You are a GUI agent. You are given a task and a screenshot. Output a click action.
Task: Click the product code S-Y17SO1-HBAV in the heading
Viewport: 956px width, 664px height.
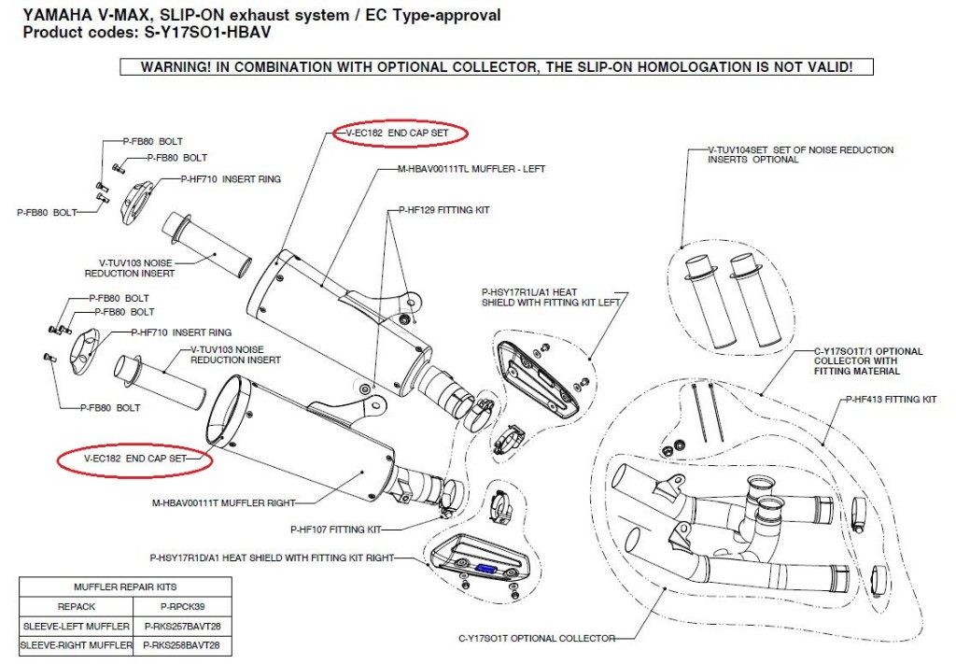[x=207, y=33]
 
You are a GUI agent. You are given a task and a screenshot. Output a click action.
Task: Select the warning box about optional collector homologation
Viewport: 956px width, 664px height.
[x=497, y=67]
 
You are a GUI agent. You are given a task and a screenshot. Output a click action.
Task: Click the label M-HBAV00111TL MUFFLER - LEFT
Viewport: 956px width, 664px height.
[x=471, y=169]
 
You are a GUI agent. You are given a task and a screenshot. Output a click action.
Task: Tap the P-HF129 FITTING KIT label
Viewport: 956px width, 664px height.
[x=444, y=210]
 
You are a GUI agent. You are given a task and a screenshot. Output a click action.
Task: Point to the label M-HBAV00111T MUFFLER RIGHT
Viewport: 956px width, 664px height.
[x=223, y=503]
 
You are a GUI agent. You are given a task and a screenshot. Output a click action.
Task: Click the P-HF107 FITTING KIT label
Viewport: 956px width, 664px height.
[x=336, y=530]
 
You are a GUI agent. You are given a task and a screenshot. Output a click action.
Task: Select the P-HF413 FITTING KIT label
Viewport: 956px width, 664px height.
[x=891, y=400]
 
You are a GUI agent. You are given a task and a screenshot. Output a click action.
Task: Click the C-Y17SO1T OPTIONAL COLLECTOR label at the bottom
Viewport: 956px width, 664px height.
[x=537, y=639]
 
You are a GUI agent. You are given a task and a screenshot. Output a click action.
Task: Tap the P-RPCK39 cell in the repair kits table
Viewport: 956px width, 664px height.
[x=182, y=607]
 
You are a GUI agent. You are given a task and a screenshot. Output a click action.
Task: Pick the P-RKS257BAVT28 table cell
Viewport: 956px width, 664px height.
[x=182, y=627]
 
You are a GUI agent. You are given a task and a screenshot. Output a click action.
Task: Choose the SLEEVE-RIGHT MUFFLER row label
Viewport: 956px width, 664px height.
[x=77, y=645]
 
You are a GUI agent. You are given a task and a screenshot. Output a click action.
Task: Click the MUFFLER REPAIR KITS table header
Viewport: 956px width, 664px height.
[x=125, y=587]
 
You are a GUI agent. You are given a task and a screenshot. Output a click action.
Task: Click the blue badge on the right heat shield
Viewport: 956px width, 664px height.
[x=487, y=568]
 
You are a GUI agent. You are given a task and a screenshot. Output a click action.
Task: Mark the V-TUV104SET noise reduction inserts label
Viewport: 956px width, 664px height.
[x=800, y=154]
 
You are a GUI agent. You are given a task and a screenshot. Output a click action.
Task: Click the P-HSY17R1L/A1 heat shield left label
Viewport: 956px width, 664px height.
[x=551, y=298]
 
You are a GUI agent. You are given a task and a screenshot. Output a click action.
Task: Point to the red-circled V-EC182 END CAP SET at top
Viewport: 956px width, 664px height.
[x=397, y=133]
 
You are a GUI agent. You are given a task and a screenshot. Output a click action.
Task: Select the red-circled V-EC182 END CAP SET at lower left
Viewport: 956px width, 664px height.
[x=134, y=459]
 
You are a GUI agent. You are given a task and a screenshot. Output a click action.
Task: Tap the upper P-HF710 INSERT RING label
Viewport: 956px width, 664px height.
[x=232, y=179]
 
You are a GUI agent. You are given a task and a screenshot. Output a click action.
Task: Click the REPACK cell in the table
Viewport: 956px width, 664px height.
[x=77, y=607]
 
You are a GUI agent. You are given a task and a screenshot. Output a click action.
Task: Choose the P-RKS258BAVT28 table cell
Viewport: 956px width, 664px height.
[x=182, y=645]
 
